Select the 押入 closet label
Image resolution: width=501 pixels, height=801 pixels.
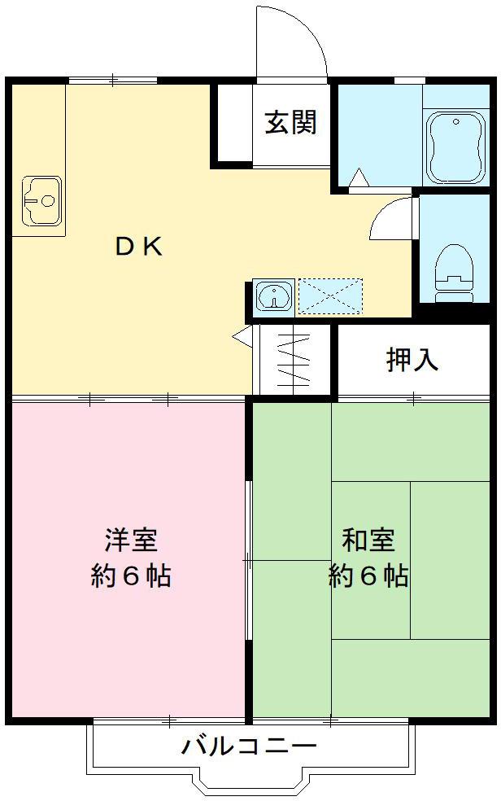pos(412,360)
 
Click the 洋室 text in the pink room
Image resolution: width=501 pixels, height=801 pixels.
pos(131,539)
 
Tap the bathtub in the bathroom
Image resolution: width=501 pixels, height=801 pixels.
pos(455,148)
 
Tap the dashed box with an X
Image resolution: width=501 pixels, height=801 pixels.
pos(330,296)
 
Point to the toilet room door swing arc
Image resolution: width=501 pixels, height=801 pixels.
pos(392,214)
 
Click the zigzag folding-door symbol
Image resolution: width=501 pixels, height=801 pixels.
pos(294,361)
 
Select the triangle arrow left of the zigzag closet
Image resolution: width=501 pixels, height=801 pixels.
pos(242,335)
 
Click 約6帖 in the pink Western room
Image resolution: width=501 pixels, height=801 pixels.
pos(131,577)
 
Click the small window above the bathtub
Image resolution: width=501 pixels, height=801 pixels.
pos(409,80)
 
